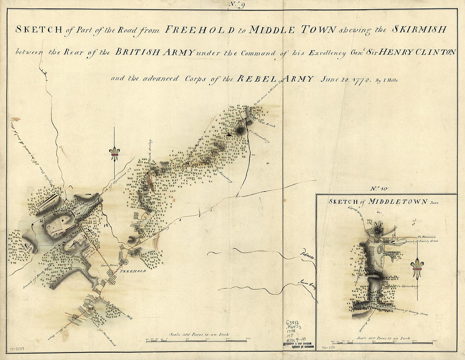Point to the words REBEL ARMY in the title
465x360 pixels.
(x=276, y=79)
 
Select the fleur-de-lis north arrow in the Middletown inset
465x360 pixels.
(x=417, y=267)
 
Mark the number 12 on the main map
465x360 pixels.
(x=105, y=226)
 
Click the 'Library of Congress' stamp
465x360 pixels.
(x=298, y=345)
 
